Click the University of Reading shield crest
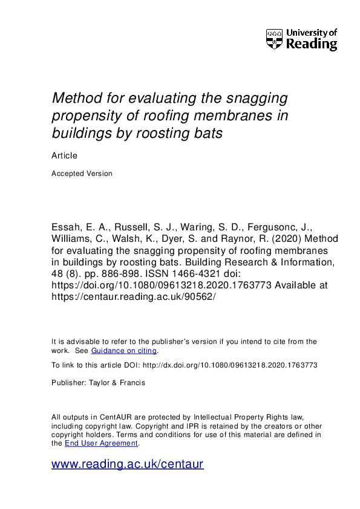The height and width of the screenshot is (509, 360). coord(274,39)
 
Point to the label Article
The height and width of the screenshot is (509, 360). coord(64,155)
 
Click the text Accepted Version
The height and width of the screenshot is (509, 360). coord(82,173)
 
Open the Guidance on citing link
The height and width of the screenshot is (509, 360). coord(124,351)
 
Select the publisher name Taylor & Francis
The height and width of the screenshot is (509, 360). coord(114,382)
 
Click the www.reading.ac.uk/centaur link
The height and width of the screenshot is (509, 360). coord(128,464)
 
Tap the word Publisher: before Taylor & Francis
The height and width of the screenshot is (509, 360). coord(68,382)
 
